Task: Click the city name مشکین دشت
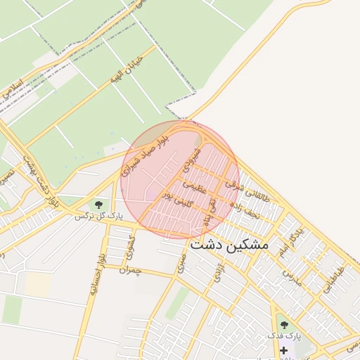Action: coord(229,245)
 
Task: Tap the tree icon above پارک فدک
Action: coord(284,325)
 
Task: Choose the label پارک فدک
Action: coord(284,336)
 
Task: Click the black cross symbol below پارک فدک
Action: coord(283,349)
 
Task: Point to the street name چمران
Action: coord(130,270)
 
